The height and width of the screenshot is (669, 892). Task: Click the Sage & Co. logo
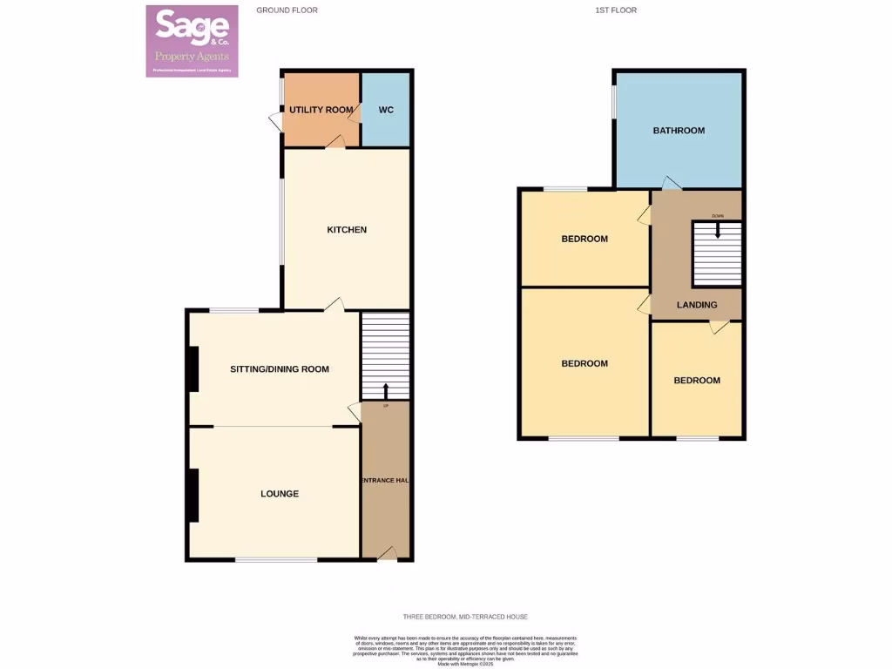[x=192, y=41]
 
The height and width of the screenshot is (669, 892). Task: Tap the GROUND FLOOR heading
[x=287, y=10]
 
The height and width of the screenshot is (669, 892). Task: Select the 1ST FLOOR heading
[x=616, y=10]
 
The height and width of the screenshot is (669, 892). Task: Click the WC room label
[x=387, y=111]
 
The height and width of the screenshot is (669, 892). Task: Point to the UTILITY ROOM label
[x=321, y=110]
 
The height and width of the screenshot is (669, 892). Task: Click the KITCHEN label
[x=347, y=230]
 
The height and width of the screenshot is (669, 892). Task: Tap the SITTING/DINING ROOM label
[x=279, y=369]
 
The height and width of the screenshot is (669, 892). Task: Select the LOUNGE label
[x=280, y=494]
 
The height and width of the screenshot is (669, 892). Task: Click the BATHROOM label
[x=679, y=131]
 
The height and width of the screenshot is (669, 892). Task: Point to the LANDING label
[x=697, y=305]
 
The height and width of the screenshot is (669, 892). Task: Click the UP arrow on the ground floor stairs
[x=386, y=390]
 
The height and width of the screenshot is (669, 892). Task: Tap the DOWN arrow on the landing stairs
[x=718, y=230]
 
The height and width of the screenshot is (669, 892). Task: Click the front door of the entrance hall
[x=387, y=554]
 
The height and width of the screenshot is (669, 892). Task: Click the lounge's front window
[x=276, y=559]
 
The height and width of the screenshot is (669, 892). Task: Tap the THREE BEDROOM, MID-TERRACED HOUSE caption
[x=465, y=617]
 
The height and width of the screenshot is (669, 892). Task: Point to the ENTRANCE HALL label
[x=385, y=480]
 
